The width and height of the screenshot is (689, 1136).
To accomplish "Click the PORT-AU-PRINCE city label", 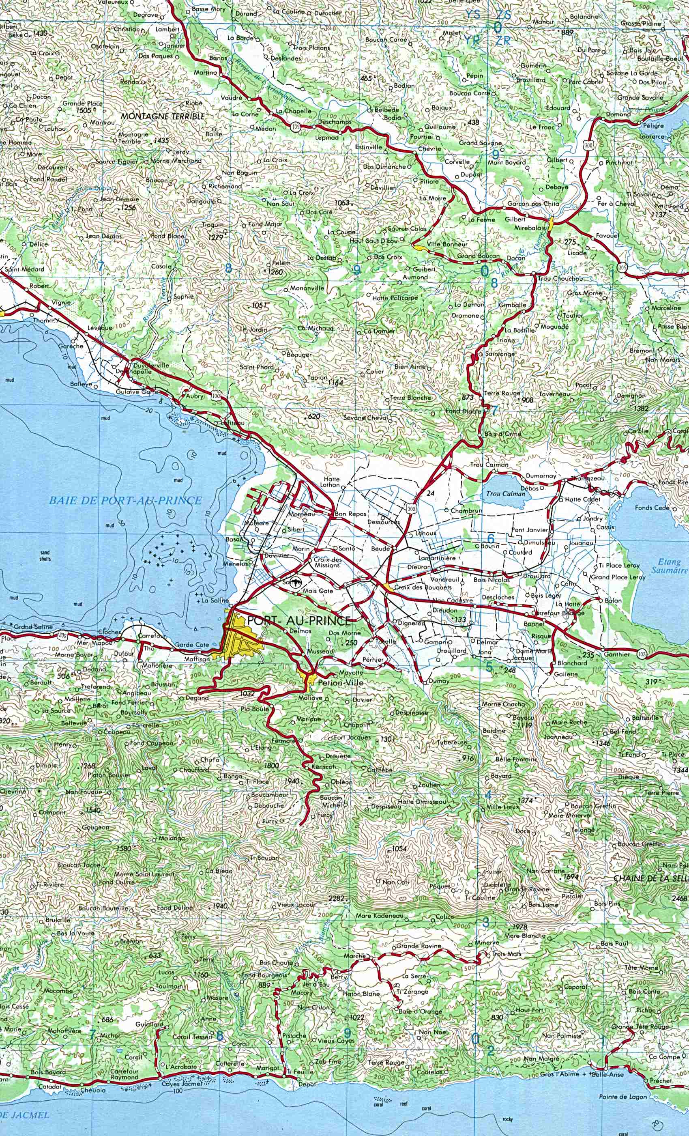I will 298,621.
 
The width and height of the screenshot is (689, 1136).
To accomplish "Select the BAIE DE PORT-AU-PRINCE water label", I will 126,500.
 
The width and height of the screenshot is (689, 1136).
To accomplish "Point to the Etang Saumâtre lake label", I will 669,566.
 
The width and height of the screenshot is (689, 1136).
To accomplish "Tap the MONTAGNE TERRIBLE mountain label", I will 162,117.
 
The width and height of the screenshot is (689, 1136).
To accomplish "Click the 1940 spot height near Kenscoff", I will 292,781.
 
